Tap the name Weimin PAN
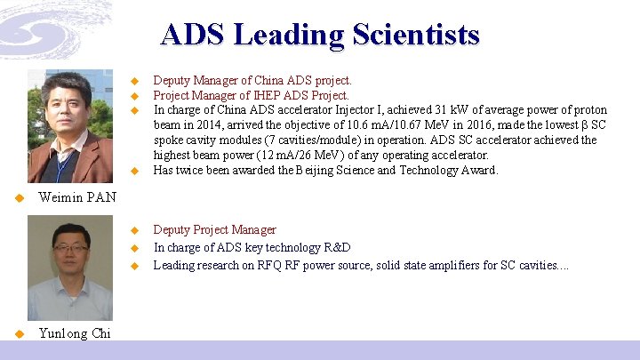[x=77, y=197]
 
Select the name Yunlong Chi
[x=76, y=333]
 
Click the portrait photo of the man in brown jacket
[x=70, y=126]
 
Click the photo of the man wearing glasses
[x=70, y=267]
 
